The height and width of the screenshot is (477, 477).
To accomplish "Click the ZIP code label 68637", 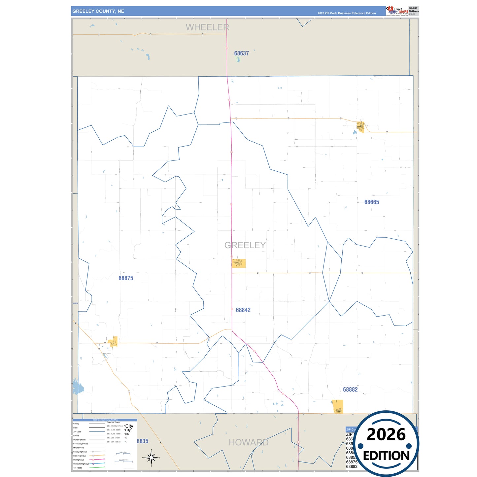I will coord(241,53).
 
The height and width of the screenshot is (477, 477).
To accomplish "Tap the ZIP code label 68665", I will coord(371,202).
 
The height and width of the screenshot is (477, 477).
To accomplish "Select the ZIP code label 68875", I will coord(126,278).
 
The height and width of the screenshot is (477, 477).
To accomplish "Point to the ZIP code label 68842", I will coord(243,310).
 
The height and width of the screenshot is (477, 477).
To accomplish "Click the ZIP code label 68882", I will coord(350,390).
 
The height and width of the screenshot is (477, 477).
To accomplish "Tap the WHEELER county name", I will coord(207,27).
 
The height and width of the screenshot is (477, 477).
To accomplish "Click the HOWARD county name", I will coord(249,442).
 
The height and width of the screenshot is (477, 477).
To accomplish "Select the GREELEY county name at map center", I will coord(245,245).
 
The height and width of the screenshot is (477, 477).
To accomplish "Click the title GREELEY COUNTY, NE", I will coord(98,11).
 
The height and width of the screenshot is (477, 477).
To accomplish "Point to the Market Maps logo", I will coord(397,11).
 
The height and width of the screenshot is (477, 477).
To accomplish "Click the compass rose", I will coord(151,458).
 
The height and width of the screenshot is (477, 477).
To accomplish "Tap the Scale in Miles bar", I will coord(121,454).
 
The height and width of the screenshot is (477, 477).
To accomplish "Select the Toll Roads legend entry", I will coord(78,468).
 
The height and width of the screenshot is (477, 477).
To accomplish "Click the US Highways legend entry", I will coord(79,460).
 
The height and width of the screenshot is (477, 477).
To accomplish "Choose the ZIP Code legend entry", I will coord(77,432).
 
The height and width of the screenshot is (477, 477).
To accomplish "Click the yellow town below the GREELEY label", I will coord(239,263).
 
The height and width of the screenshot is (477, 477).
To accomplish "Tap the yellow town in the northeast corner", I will coord(360,126).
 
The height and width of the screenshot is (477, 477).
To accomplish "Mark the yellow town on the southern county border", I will coord(337,407).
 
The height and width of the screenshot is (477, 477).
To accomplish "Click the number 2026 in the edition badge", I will coord(386,434).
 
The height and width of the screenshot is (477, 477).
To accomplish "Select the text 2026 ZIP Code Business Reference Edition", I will coord(347,13).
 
